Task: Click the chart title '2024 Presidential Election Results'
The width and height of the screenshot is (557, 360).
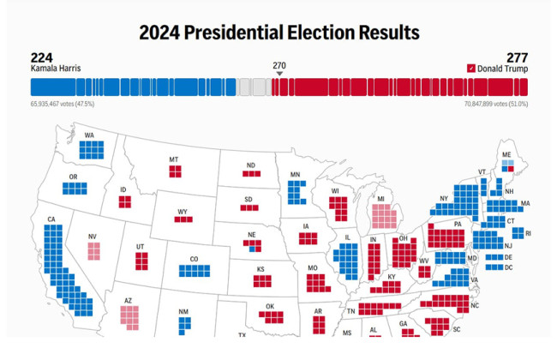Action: [x=278, y=33]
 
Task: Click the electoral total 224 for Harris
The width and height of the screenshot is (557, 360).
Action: [x=42, y=57]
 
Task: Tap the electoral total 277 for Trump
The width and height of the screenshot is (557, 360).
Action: [x=517, y=57]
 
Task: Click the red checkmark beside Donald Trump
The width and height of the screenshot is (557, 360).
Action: [x=471, y=69]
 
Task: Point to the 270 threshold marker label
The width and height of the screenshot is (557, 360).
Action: [x=279, y=66]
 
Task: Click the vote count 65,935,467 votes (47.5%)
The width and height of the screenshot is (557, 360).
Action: [x=63, y=104]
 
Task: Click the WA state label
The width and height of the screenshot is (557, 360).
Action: [x=89, y=135]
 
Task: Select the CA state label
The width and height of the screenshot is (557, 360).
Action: [x=51, y=219]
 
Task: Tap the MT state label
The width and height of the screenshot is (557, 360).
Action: [x=174, y=159]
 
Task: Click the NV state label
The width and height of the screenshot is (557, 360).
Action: [x=93, y=237]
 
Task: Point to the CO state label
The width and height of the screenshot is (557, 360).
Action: [x=194, y=259]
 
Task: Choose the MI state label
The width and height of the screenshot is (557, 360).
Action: [x=381, y=199]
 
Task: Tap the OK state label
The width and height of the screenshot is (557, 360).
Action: [x=272, y=306]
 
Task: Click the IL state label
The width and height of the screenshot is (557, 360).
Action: [x=348, y=238]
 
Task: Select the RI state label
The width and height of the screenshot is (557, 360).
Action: [x=529, y=233]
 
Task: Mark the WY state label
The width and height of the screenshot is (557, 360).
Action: [x=183, y=211]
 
